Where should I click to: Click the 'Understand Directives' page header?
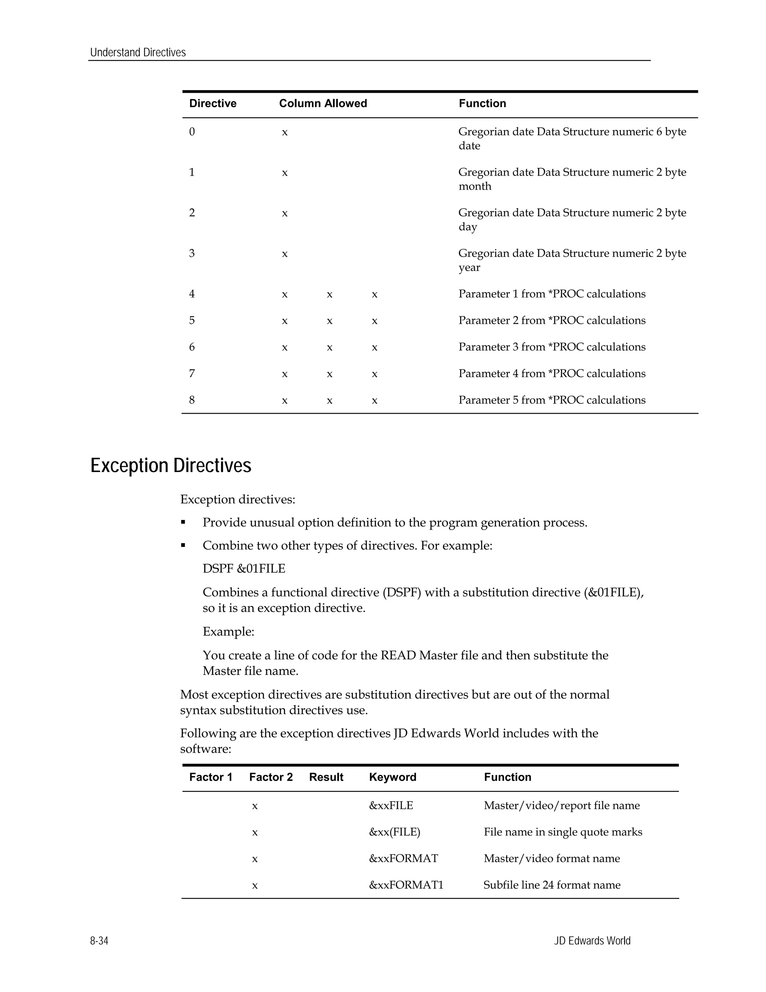[138, 53]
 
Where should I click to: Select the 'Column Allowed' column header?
[323, 104]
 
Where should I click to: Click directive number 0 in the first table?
[192, 132]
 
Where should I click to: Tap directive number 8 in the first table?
[192, 400]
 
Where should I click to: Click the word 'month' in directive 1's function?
[475, 186]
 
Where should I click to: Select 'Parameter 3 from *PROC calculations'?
[552, 347]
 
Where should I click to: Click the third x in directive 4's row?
[374, 295]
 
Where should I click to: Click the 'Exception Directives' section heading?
[171, 466]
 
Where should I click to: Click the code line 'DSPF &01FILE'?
[244, 569]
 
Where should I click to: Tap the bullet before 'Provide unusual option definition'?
[183, 522]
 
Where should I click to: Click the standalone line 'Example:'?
[228, 632]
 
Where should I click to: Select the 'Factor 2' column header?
[271, 777]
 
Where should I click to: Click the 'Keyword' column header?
[392, 777]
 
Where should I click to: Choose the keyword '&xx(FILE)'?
[394, 832]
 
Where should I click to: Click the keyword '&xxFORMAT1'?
[406, 885]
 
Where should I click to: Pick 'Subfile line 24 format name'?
[552, 885]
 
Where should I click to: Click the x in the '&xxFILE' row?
[255, 806]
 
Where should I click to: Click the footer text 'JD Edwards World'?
[592, 941]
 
